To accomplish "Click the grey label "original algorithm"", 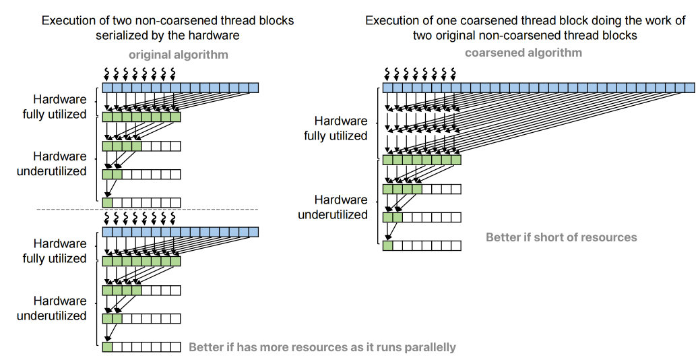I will (x=179, y=55).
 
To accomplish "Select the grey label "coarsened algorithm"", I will (x=523, y=53).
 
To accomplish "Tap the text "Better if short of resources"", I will (x=561, y=237).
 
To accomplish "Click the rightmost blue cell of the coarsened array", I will (x=689, y=88).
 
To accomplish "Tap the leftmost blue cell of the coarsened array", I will (x=387, y=88).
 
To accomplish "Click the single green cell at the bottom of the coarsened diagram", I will (x=387, y=246).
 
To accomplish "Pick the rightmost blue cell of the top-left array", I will (x=253, y=88).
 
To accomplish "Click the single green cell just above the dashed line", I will (x=107, y=202).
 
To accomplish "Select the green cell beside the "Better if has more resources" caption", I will (x=107, y=347).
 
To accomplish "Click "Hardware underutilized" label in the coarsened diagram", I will (x=333, y=207).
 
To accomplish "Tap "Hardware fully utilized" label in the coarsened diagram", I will (x=336, y=128).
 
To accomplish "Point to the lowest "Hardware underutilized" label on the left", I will (x=52, y=308).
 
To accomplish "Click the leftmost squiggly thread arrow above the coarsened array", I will (x=387, y=71).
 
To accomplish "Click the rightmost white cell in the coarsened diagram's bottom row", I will (x=456, y=246).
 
